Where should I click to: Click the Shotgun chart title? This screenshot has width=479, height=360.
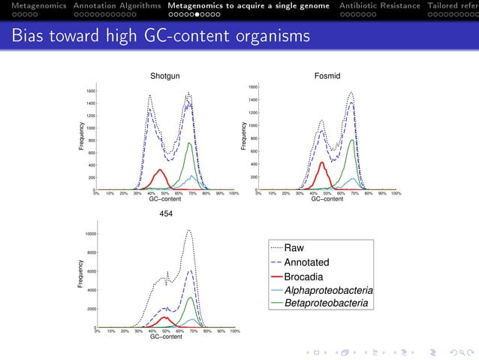tap(165, 77)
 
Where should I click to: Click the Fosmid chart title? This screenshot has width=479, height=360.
tap(327, 77)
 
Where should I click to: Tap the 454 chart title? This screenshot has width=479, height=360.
tap(166, 214)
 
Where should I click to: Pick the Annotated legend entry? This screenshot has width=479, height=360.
tap(306, 262)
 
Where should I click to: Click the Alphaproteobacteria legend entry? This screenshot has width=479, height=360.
tap(329, 290)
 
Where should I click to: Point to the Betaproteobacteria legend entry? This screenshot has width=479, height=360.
tap(326, 304)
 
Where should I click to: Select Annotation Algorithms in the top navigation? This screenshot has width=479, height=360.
tap(117, 5)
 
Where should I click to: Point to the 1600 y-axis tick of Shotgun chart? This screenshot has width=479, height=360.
tap(89, 91)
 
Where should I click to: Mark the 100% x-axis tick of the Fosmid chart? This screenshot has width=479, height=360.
tap(396, 193)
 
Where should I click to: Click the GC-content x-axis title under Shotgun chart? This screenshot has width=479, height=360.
tap(165, 199)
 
